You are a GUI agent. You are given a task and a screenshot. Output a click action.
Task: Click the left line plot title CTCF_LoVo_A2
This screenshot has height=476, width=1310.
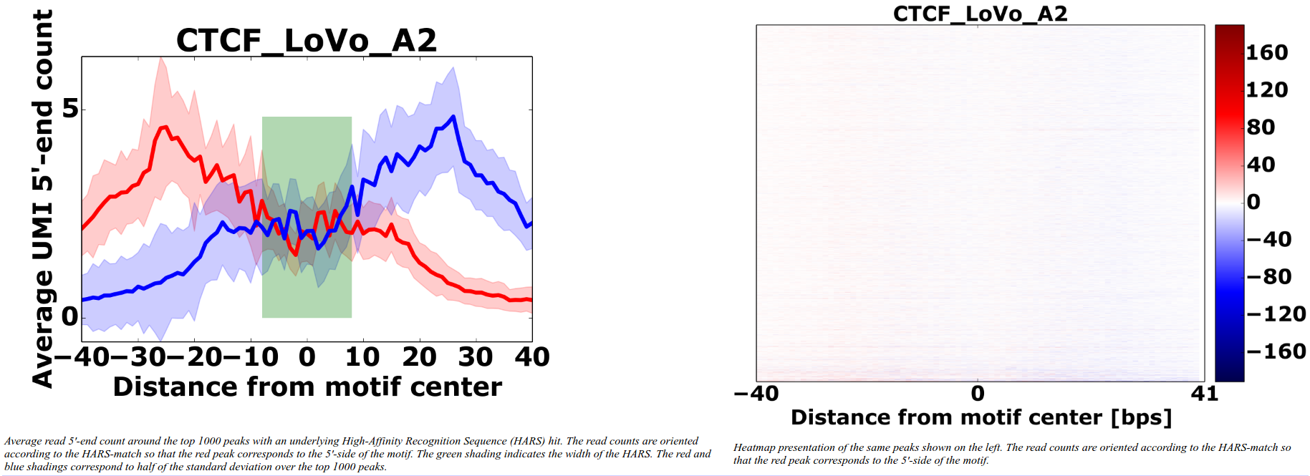pos(306,40)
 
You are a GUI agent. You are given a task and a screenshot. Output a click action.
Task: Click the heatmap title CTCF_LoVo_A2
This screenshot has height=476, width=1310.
pos(980,14)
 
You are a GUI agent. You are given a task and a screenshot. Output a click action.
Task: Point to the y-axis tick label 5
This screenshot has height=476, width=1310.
pos(69,110)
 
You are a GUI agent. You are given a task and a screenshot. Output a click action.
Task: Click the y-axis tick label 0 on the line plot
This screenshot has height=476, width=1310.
pos(69,316)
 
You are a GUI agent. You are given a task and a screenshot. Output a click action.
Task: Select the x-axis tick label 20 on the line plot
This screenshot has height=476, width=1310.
pos(419,356)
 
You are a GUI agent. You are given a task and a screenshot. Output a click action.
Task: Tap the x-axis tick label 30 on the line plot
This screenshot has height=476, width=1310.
pos(476,356)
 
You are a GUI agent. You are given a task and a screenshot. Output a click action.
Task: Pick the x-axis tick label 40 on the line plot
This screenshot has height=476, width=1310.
pos(531,356)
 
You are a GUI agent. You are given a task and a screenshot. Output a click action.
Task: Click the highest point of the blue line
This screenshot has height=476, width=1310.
pos(453,117)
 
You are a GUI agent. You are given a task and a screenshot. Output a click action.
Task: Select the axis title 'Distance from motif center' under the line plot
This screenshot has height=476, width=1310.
pos(307,387)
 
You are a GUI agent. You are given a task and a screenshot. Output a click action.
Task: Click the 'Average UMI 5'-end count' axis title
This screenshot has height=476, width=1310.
pos(42,199)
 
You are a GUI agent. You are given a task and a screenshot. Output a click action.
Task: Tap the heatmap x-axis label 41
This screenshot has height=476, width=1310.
pos(1204,394)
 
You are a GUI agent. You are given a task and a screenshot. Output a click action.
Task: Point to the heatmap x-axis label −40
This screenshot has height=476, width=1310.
pos(756,394)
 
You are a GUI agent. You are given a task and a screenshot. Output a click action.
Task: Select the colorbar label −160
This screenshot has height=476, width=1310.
pos(1276,351)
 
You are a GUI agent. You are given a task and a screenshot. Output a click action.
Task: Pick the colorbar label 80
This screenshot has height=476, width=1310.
pos(1261,127)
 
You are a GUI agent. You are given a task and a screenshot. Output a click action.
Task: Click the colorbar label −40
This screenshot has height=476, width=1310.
pos(1268,239)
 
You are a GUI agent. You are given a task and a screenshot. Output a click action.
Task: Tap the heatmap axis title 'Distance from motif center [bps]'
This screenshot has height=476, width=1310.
pos(981,417)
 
